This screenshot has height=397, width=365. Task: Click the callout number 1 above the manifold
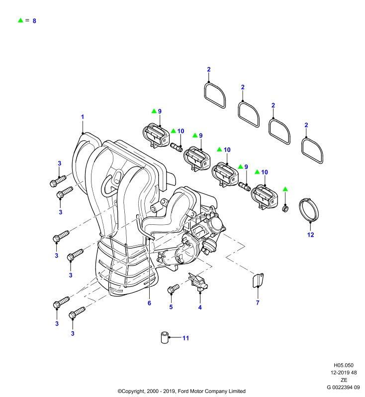click(83, 117)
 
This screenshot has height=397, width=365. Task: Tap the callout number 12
click(310, 235)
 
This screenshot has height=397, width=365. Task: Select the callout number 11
click(185, 338)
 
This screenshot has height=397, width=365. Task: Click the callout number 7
click(258, 303)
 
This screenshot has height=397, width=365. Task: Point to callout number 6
click(149, 303)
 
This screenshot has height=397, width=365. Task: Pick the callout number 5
click(171, 307)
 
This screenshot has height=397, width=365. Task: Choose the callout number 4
click(200, 307)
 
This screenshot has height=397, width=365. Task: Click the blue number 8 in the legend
click(34, 21)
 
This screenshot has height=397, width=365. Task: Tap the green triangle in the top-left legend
click(20, 20)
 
